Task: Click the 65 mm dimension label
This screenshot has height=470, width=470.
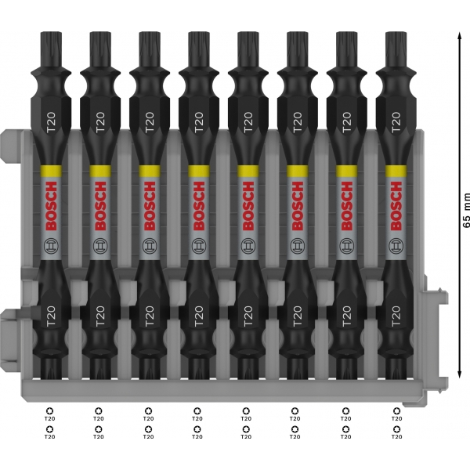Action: tap(465, 211)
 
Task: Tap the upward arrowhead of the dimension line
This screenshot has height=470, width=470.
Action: tap(459, 35)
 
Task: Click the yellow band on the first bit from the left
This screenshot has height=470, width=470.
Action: tap(51, 171)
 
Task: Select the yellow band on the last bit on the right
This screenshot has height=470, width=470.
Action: tap(396, 171)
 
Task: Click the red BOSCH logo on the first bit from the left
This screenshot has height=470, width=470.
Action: tap(51, 206)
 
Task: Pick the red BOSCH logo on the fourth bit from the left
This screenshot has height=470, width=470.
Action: tap(199, 206)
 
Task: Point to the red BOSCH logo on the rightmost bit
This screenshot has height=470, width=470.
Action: tap(396, 206)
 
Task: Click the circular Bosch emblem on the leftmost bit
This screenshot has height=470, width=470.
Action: tap(51, 246)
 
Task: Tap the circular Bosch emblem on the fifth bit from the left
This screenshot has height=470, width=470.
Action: tap(248, 246)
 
